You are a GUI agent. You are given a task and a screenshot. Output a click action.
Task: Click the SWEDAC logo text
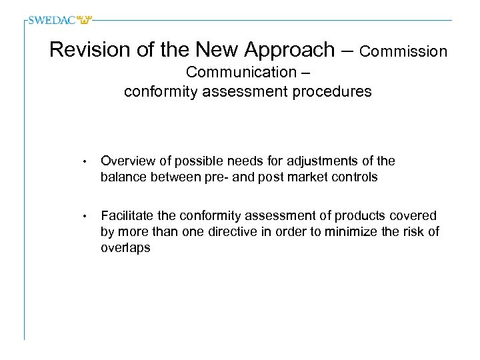tap(52, 20)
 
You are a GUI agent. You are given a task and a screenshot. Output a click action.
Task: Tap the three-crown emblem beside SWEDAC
tap(84, 20)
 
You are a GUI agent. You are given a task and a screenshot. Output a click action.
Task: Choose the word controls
tap(357, 177)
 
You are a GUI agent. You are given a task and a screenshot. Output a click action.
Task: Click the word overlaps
tap(125, 247)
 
